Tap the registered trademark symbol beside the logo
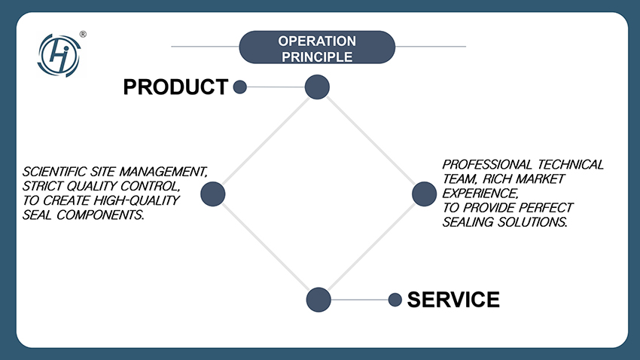coord(83,34)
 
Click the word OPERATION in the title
coord(317,41)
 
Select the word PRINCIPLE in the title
coord(317,56)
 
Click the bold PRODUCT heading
coord(175,87)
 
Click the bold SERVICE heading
coord(453,300)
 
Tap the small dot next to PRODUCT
coord(240,87)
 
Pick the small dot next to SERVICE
coord(395,300)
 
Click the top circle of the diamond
coord(317,87)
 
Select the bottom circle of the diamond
coord(318,300)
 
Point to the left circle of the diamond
coord(213,194)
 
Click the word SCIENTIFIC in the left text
coord(53,171)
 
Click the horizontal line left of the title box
coord(205,47)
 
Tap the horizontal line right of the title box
coord(431,47)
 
